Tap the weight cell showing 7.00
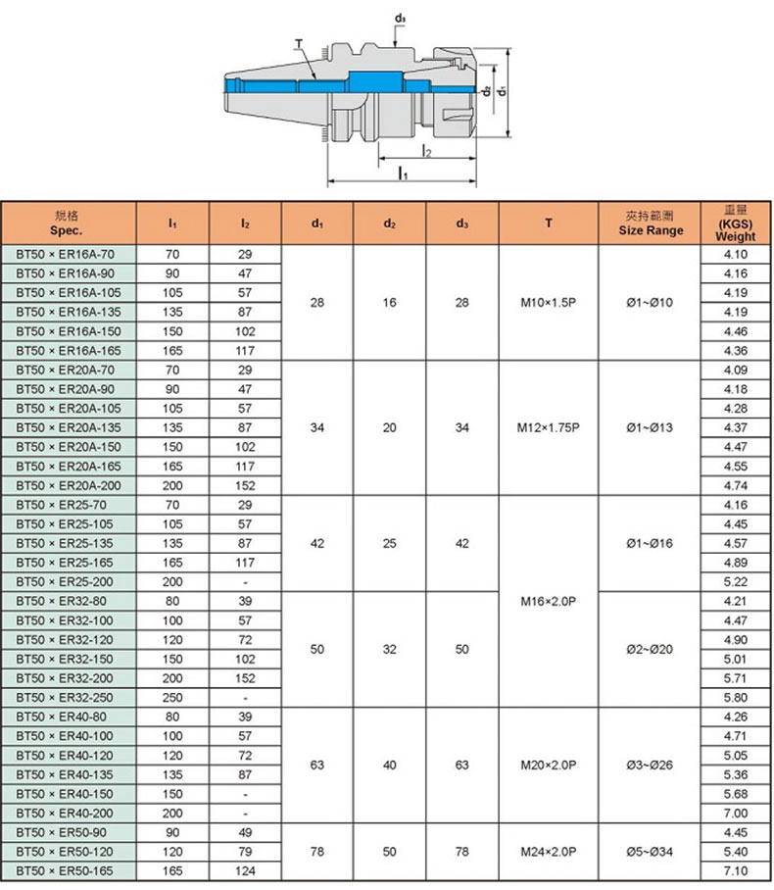pos(736,814)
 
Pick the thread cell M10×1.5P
pos(549,303)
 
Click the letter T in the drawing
pos(298,44)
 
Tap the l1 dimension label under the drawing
pos(403,173)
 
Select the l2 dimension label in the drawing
pos(426,151)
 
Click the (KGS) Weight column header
pos(736,223)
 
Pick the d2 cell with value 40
pos(390,765)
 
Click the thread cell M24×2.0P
pos(549,852)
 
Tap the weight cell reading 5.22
pos(736,582)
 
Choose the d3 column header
pos(462,223)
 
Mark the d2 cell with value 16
pos(390,303)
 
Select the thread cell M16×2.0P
pos(549,601)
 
